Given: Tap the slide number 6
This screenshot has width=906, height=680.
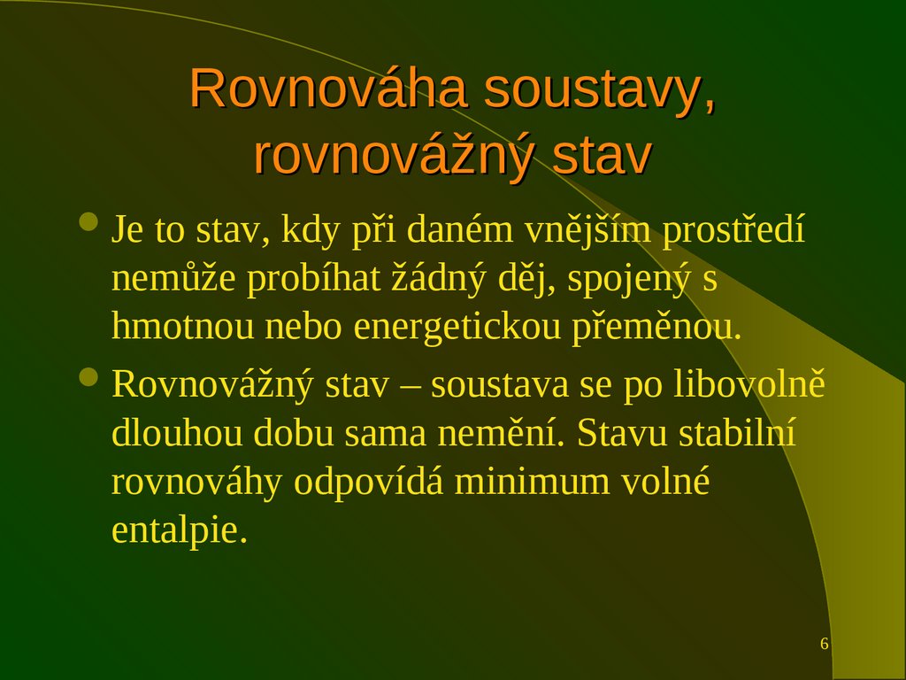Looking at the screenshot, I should [x=825, y=644].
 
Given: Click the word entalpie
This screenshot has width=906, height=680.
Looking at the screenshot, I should [x=176, y=529].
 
